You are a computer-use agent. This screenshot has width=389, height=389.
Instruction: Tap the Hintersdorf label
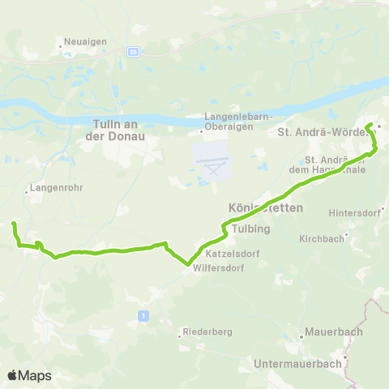354,213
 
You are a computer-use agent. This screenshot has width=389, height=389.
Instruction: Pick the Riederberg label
204,331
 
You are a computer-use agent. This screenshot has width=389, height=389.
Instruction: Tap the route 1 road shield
143,315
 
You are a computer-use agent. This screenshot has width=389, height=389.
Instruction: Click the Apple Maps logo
29,375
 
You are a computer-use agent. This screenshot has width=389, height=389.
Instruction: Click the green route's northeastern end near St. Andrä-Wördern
369,125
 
